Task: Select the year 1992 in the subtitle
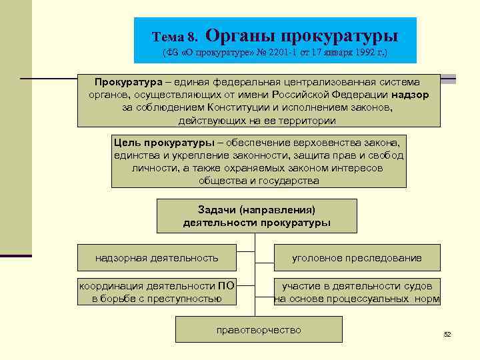point(365,52)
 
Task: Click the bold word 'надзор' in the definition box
point(411,95)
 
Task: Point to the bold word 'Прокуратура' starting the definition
point(128,82)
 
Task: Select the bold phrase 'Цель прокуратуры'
point(155,143)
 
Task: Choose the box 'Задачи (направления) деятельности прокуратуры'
point(257,216)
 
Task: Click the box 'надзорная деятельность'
point(157,257)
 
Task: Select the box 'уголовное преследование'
point(357,257)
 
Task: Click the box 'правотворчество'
point(259,330)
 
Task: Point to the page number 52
point(447,334)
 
